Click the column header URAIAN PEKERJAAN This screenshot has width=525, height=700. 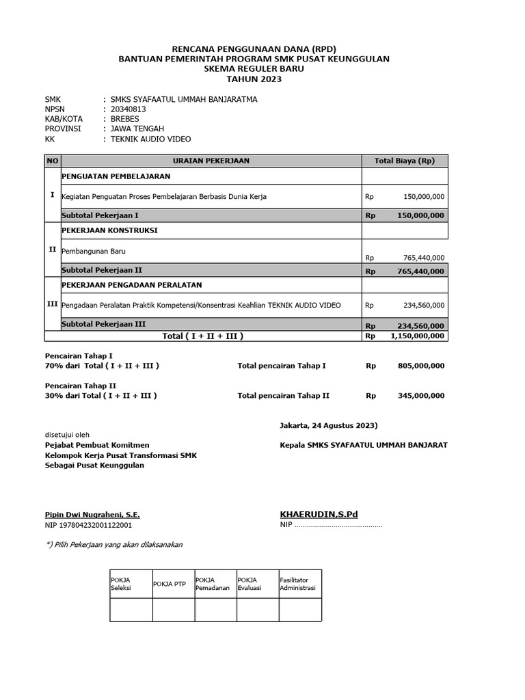pyautogui.click(x=211, y=161)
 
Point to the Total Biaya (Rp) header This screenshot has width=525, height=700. pyautogui.click(x=405, y=161)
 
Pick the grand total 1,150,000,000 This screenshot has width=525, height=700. pyautogui.click(x=417, y=336)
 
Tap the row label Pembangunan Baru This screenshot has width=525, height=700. pyautogui.click(x=94, y=251)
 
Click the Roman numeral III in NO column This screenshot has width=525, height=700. pyautogui.click(x=52, y=304)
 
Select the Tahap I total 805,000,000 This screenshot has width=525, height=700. pyautogui.click(x=420, y=366)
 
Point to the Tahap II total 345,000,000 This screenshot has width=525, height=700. pyautogui.click(x=420, y=395)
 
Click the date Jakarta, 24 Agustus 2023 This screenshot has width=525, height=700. pyautogui.click(x=329, y=425)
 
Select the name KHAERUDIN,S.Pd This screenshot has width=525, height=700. pyautogui.click(x=319, y=513)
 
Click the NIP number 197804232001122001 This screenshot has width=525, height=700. pyautogui.click(x=88, y=525)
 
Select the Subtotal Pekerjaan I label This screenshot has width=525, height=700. pyautogui.click(x=100, y=215)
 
